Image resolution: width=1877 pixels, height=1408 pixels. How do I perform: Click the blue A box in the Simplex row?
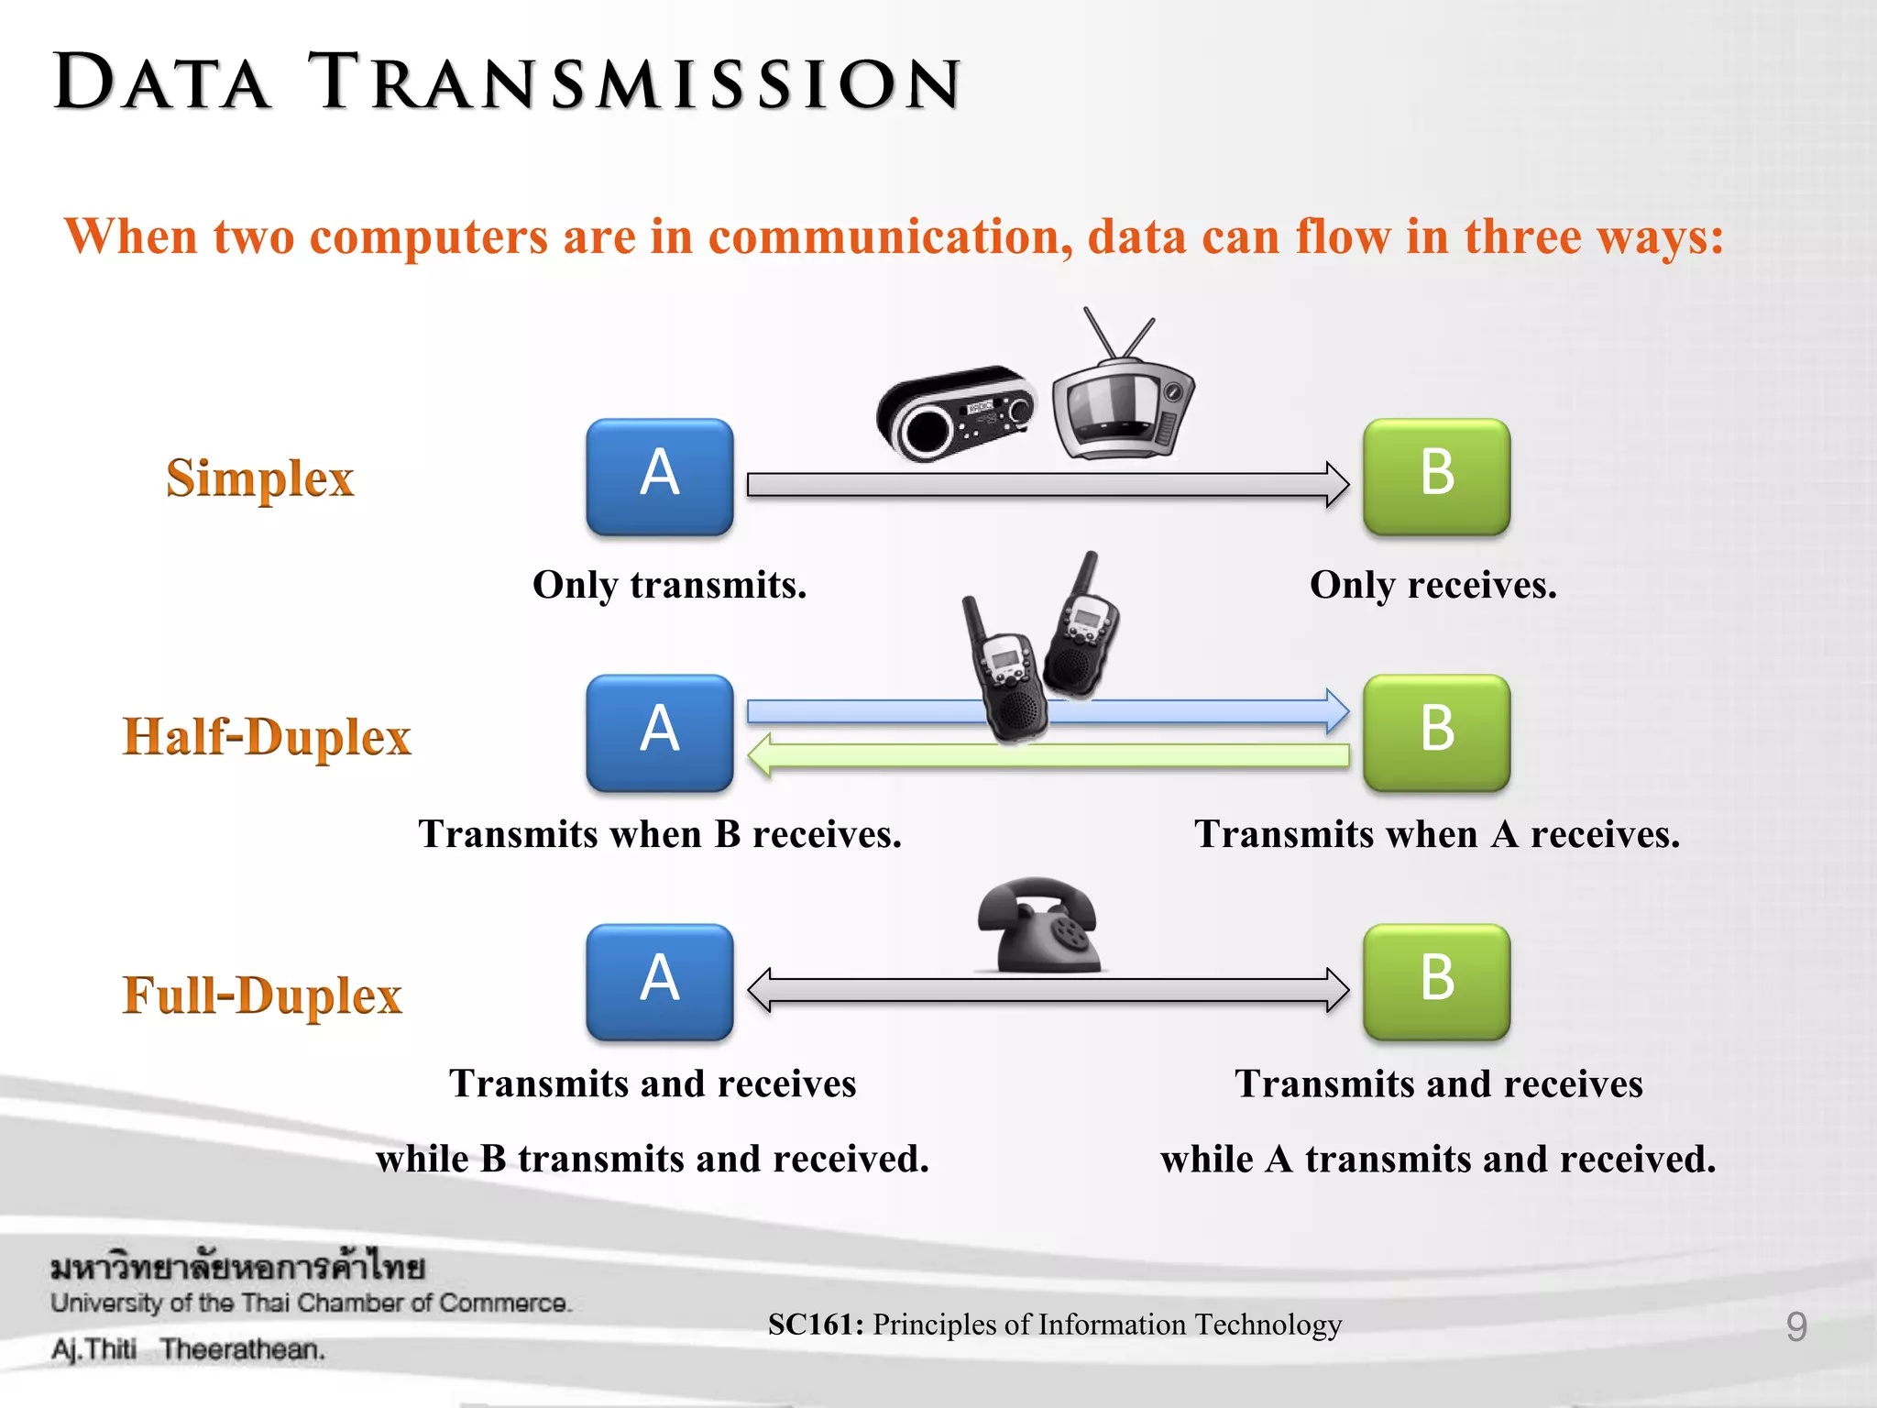tap(659, 477)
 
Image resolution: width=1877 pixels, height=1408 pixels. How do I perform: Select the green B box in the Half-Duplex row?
tap(1436, 732)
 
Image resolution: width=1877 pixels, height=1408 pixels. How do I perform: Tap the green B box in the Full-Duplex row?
tap(1436, 982)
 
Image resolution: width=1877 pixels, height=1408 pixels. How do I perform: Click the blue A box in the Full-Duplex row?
tap(659, 982)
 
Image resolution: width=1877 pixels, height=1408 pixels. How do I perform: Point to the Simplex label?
tap(259, 478)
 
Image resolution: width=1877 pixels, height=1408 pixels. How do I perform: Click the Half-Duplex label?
tap(267, 737)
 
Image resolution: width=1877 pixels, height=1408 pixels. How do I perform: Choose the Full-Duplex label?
tap(262, 995)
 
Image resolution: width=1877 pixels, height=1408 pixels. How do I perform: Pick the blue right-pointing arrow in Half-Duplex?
tap(862, 710)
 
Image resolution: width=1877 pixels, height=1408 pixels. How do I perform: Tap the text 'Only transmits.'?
tap(669, 585)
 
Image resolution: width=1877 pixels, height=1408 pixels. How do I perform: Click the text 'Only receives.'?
tap(1432, 585)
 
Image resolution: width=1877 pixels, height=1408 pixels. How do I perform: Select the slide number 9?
tap(1795, 1326)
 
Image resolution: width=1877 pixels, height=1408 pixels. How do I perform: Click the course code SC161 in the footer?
tap(815, 1325)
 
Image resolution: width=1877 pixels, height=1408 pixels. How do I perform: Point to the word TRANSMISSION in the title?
tap(634, 83)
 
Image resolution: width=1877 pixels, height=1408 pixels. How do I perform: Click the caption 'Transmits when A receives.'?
tap(1436, 834)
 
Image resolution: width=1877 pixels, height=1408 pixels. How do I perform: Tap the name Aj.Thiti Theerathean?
tap(188, 1349)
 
